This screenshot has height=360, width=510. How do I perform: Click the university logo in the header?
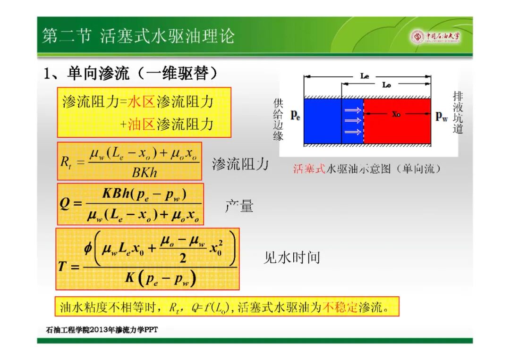click(x=436, y=36)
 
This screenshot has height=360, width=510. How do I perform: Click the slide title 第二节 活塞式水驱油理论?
click(x=138, y=36)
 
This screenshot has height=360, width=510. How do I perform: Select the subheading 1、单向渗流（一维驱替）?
click(x=130, y=74)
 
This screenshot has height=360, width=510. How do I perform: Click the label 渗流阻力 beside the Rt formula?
click(x=240, y=164)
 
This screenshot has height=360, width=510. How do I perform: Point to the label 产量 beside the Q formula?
click(x=239, y=206)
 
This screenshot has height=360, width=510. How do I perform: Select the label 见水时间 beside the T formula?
click(x=292, y=258)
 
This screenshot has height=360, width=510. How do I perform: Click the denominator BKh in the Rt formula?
click(x=144, y=172)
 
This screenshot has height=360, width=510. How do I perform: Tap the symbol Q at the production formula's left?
click(x=65, y=204)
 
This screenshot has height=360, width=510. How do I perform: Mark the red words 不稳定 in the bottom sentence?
click(x=340, y=307)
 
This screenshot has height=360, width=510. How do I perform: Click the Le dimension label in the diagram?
click(x=365, y=76)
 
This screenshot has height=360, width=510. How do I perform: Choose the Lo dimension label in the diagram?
click(x=386, y=85)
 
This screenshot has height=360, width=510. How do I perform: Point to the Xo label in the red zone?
click(x=396, y=114)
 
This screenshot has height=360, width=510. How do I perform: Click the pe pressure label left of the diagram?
click(x=295, y=115)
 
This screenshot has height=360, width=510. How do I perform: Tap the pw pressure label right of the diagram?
click(x=442, y=115)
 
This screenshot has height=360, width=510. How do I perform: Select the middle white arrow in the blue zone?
click(x=353, y=121)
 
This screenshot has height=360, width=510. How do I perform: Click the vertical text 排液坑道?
click(x=458, y=112)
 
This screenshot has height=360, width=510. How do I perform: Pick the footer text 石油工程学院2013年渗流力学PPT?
click(x=102, y=330)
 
